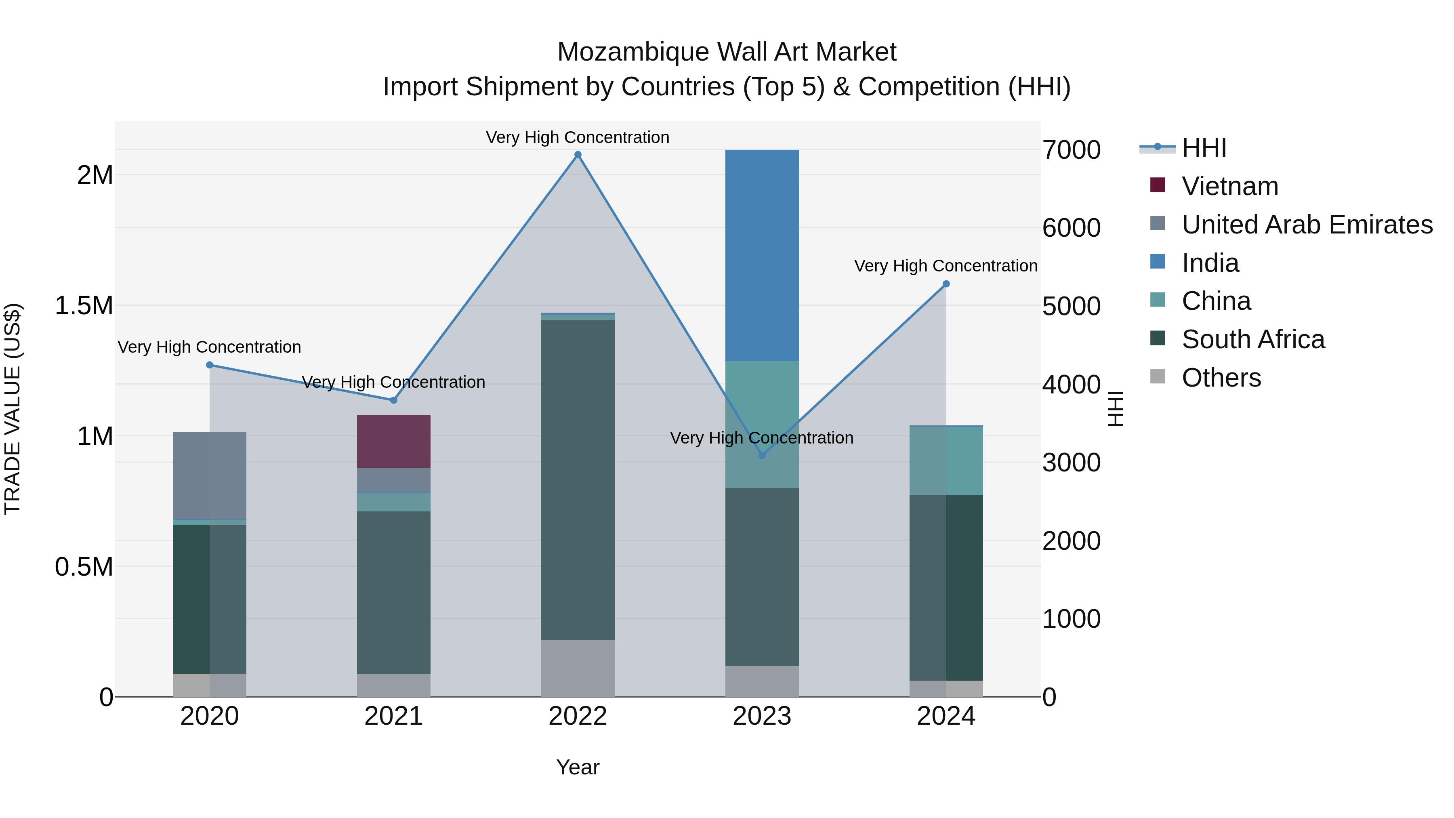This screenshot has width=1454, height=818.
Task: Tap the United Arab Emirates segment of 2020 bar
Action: pos(209,475)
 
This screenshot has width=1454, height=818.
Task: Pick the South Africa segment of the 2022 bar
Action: pos(578,480)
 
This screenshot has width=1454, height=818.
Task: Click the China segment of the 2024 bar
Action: pos(946,460)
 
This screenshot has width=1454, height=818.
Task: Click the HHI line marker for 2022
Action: pos(578,155)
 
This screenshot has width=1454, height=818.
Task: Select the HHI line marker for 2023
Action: pos(762,455)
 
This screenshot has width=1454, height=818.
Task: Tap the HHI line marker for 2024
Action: pos(946,284)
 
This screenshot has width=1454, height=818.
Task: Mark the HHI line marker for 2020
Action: pos(209,365)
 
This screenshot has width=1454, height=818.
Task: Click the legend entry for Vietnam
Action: pos(1229,186)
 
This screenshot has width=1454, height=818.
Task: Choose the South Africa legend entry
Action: pos(1252,339)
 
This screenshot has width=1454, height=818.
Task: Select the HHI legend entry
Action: pos(1204,148)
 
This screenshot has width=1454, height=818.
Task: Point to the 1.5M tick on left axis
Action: pos(84,305)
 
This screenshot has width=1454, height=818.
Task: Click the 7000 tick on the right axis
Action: pos(1071,150)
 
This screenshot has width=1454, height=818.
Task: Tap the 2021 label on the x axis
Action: pos(393,716)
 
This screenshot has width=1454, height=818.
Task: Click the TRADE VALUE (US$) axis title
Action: pos(13,409)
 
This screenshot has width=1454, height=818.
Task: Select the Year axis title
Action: pos(578,767)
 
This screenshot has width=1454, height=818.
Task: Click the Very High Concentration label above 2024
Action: pos(946,265)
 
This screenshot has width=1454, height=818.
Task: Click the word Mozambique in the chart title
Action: pos(633,52)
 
